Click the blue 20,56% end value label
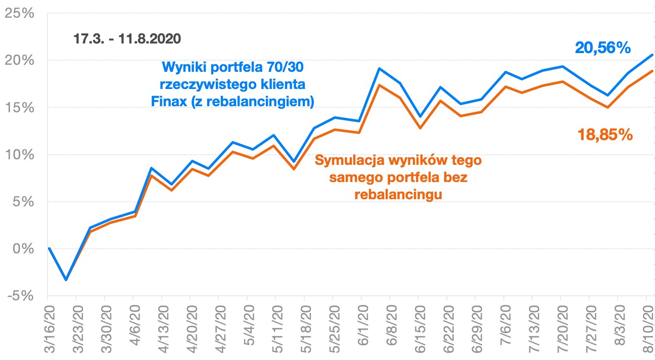point(603,48)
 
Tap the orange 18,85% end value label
point(605,135)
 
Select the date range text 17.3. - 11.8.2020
point(127,39)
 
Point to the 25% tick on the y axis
point(19,13)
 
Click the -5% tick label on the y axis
point(19,296)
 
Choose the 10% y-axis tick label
point(19,155)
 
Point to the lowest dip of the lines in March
point(66,280)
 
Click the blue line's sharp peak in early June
point(380,68)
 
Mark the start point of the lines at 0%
point(49,248)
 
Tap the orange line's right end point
point(652,71)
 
